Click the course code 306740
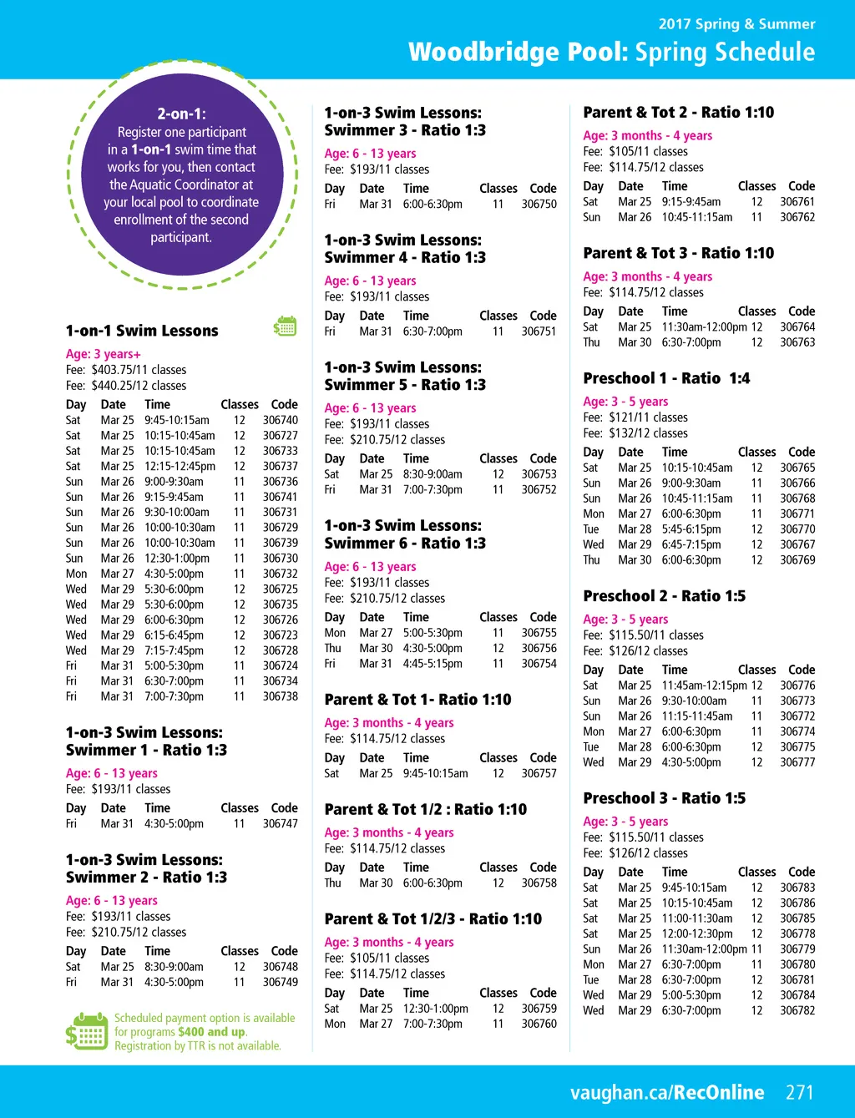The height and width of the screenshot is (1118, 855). [280, 420]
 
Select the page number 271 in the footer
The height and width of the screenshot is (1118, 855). [799, 1092]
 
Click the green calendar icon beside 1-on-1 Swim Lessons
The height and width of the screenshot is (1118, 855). [286, 326]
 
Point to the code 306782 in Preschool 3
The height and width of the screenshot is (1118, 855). [797, 1010]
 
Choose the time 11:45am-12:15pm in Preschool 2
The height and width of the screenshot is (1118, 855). [704, 685]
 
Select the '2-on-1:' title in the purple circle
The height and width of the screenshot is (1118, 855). [181, 114]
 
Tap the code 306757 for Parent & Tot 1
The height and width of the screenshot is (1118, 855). [539, 773]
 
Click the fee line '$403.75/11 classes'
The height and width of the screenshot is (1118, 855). [126, 370]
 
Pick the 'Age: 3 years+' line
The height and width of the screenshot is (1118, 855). [104, 354]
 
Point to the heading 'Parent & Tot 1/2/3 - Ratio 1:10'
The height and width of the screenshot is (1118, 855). [433, 918]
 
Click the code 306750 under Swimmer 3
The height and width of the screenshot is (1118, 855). [539, 204]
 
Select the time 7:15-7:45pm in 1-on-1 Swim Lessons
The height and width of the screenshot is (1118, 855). [174, 650]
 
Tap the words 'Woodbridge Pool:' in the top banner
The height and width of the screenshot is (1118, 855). [518, 52]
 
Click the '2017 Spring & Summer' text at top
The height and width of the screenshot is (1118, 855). [736, 24]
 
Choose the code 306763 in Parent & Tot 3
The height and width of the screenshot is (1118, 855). [797, 342]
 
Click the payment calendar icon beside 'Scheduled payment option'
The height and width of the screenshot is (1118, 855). [87, 1031]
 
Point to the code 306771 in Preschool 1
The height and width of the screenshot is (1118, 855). [797, 513]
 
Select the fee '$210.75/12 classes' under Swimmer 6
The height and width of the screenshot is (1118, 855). [385, 598]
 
